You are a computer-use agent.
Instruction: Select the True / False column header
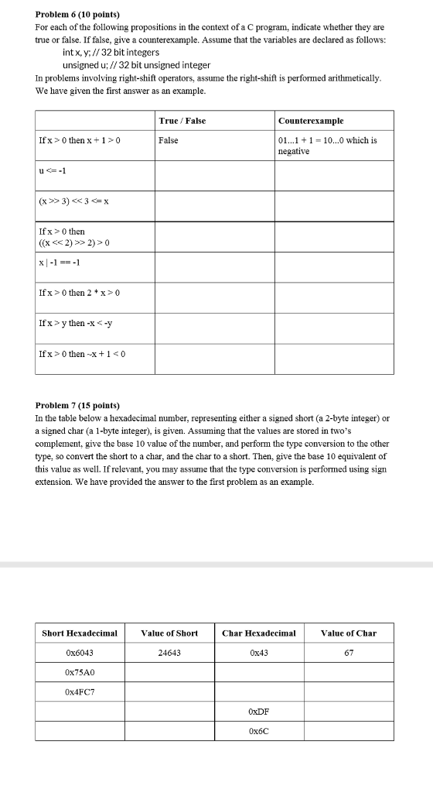coord(182,121)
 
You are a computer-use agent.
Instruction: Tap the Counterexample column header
coord(311,121)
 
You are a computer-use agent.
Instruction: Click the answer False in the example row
coord(169,140)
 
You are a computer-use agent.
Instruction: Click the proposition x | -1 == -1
coord(60,262)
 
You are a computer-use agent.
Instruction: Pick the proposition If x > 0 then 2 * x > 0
coord(79,292)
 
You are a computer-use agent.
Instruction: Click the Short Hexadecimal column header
coord(80,633)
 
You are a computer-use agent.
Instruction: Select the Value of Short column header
coord(169,633)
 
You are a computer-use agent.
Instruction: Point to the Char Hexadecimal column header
coord(259,633)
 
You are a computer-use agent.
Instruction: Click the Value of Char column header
coord(349,633)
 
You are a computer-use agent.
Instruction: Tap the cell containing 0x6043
coord(80,653)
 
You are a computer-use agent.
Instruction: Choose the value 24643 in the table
coord(169,653)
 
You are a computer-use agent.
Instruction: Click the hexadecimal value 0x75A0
coord(80,672)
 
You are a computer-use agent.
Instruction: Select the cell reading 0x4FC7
coord(80,691)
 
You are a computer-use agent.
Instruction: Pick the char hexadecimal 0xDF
coord(259,711)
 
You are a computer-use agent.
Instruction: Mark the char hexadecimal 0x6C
coord(259,730)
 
